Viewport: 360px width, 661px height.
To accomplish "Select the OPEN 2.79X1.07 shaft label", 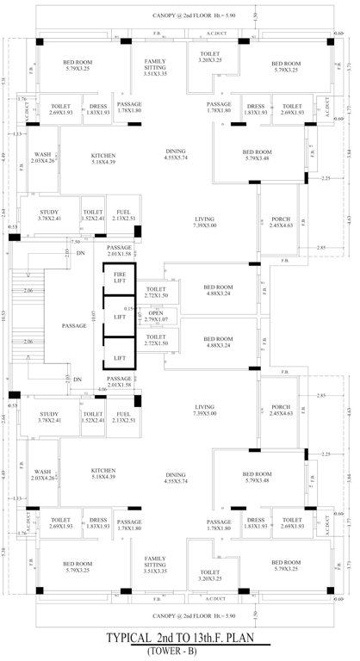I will pyautogui.click(x=156, y=316).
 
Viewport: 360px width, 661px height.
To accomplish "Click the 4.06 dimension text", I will pyautogui.click(x=102, y=390).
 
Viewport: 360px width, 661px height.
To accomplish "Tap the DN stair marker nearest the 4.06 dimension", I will pyautogui.click(x=77, y=379).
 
